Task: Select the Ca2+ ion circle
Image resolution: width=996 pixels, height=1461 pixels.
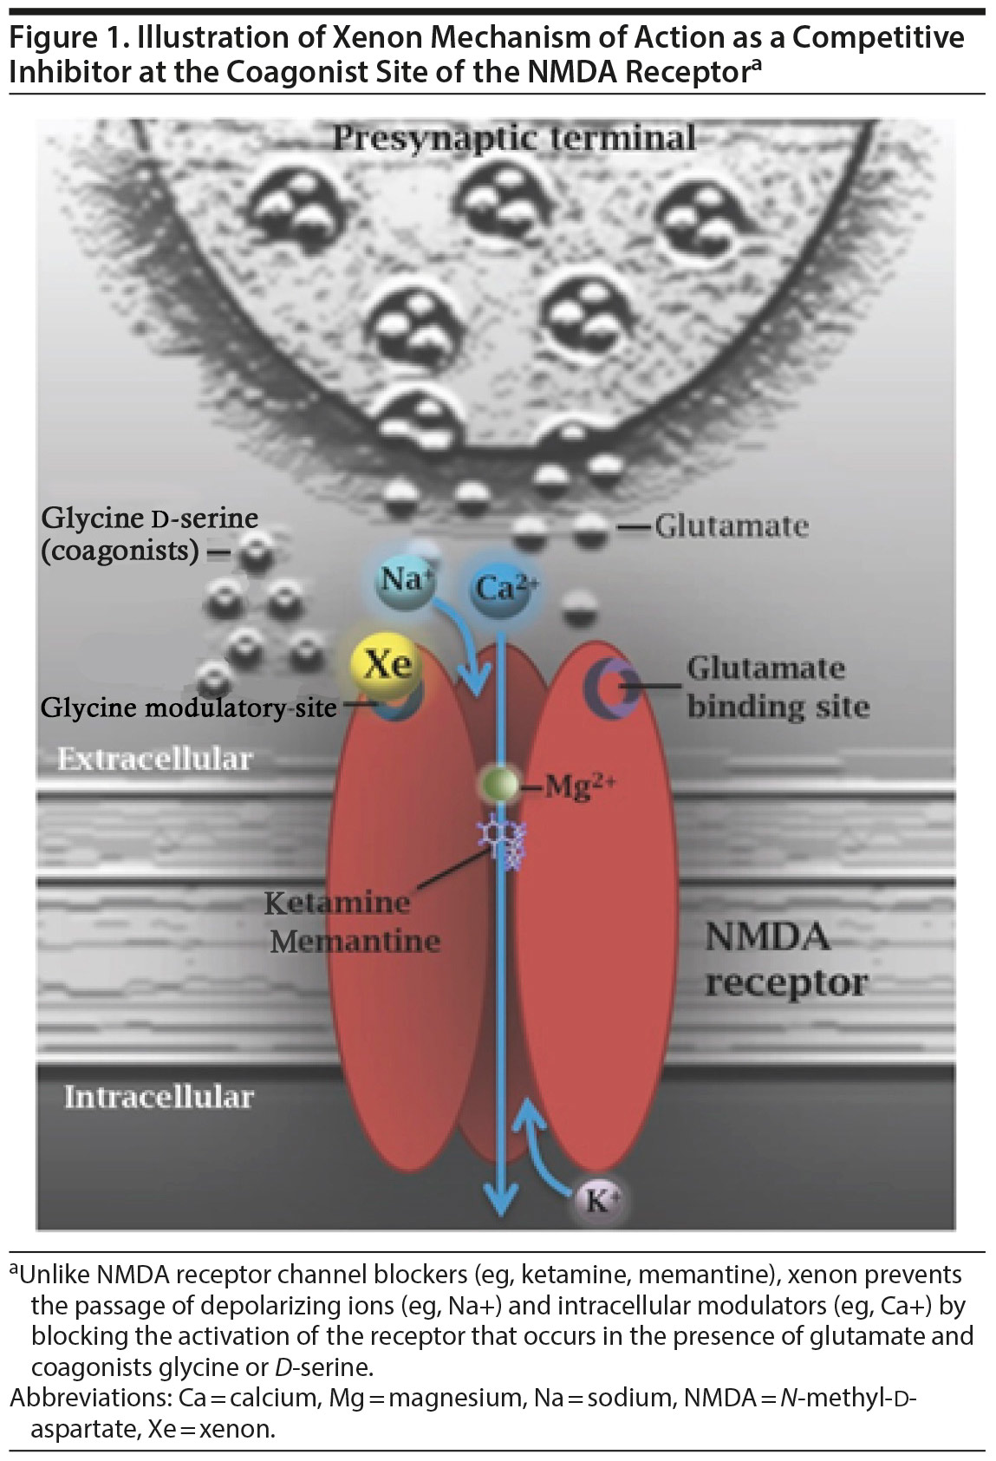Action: coord(503,589)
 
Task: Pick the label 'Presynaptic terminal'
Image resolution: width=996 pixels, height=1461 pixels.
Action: coord(513,139)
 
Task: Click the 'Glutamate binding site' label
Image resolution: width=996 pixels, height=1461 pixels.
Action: coord(778,687)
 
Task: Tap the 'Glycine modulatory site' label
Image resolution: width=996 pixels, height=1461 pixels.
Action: coord(188,708)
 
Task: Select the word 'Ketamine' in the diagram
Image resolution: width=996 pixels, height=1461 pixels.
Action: coord(337,903)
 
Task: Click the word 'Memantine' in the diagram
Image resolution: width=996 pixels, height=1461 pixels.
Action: coord(355,941)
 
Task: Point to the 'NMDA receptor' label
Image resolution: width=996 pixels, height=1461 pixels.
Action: coord(784,959)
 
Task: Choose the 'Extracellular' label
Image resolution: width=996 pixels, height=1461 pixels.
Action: coord(154,760)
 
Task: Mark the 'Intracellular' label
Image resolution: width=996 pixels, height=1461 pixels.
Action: coord(159,1097)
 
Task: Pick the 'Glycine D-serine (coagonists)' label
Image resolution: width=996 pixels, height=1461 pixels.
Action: coord(149,533)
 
